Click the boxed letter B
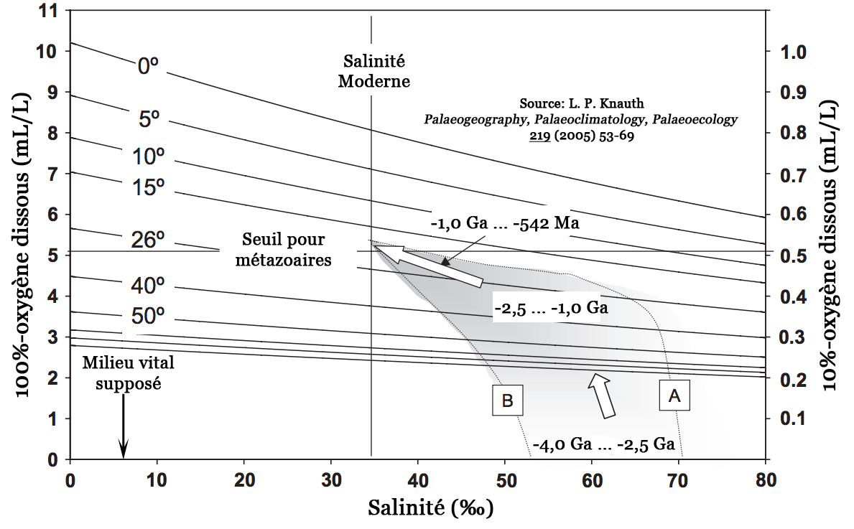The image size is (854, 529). pos(506,401)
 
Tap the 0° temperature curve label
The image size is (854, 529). pos(148,66)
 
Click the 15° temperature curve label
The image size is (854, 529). pos(149,188)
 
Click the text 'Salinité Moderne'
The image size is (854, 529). pos(373,71)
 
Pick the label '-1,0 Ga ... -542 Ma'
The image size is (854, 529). pos(505,223)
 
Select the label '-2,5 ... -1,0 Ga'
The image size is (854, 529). pos(551,309)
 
